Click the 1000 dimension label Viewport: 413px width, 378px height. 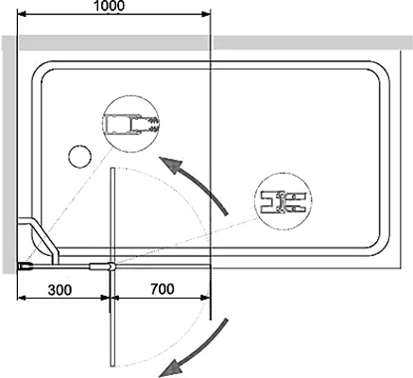point(110,6)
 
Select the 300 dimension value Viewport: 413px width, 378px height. point(60,290)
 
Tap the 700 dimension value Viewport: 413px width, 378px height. point(163,289)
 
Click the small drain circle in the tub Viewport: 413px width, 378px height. point(79,156)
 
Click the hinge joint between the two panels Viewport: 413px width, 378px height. point(112,266)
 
